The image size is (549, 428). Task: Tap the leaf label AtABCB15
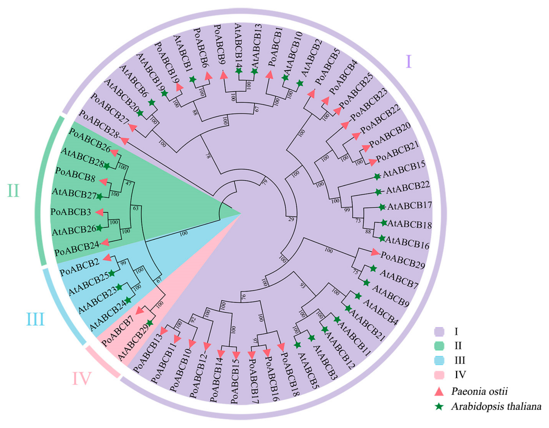click(x=404, y=169)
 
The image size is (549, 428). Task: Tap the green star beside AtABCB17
click(x=382, y=207)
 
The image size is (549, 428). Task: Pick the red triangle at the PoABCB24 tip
click(x=105, y=242)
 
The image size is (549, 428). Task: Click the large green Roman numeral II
click(x=13, y=191)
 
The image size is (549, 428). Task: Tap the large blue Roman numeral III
click(x=36, y=319)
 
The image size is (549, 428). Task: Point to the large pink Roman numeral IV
click(x=82, y=379)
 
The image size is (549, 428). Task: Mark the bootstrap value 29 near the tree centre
click(x=291, y=219)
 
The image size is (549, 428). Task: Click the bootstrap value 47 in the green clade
click(x=128, y=183)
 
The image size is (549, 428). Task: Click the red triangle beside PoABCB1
click(x=270, y=75)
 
